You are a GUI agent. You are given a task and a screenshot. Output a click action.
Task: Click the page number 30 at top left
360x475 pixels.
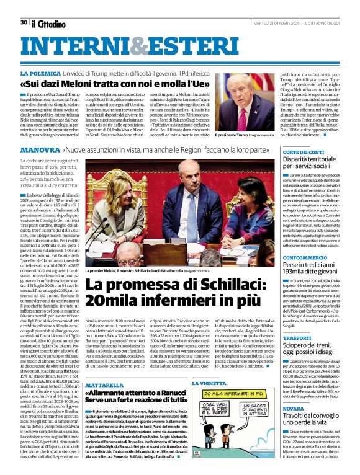click(24, 22)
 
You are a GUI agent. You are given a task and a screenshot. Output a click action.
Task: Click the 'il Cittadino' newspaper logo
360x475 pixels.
click(48, 24)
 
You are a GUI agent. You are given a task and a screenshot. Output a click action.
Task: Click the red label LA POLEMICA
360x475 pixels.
click(56, 73)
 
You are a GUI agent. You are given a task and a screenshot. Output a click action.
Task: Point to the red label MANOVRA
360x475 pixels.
click(57, 150)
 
